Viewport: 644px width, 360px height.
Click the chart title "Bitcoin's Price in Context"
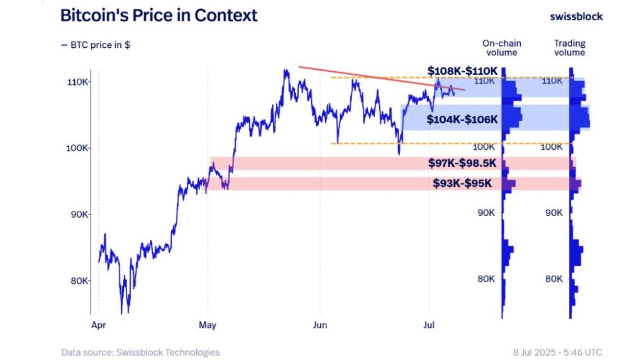[158, 16]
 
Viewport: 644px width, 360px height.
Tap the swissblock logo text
[575, 16]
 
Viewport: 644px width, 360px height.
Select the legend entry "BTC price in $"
[96, 45]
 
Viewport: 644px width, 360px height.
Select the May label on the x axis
[207, 325]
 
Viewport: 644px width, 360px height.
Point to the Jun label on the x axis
[319, 325]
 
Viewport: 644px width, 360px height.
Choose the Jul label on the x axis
[430, 325]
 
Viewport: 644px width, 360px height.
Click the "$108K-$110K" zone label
[462, 70]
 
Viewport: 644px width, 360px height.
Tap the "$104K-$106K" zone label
[462, 120]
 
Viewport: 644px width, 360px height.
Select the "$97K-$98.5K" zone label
[462, 164]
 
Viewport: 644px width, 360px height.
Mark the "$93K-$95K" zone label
[462, 184]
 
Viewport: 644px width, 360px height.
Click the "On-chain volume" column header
[501, 48]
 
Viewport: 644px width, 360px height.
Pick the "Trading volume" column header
[569, 48]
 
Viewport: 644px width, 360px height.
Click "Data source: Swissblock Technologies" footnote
[140, 352]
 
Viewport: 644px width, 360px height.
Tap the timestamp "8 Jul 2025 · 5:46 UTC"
[557, 352]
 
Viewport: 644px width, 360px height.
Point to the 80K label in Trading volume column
[553, 279]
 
